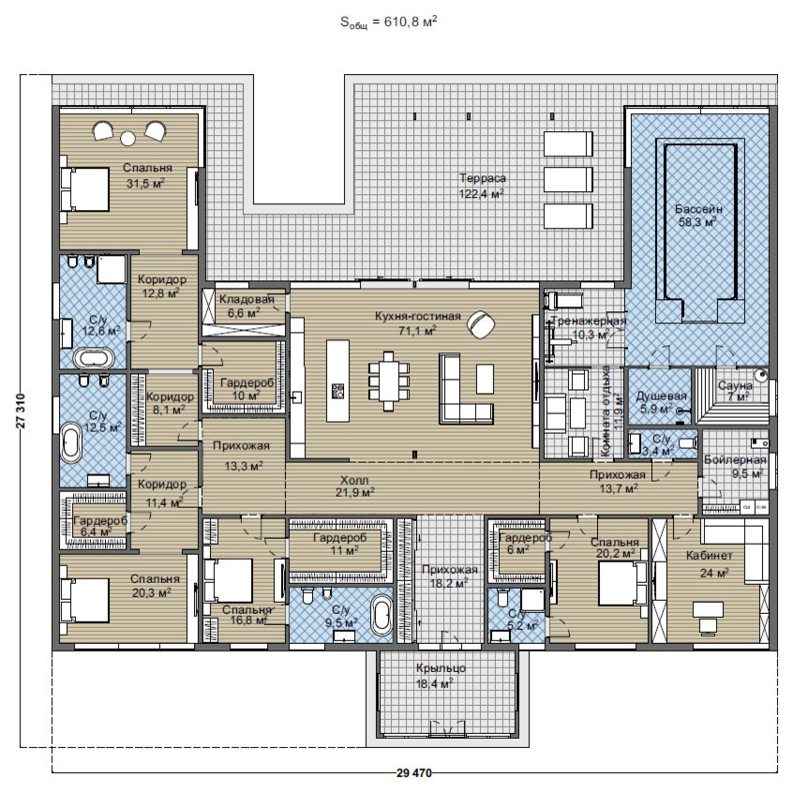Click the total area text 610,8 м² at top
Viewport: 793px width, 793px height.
[x=411, y=22]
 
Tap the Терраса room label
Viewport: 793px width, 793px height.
[x=483, y=178]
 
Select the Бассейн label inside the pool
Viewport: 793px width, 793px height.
[x=698, y=209]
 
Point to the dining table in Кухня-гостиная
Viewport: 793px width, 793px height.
[x=388, y=381]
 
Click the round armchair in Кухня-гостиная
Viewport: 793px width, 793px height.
[x=481, y=324]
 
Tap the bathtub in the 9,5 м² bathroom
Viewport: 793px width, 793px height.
[x=382, y=616]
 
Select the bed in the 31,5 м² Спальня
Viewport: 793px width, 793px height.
[x=84, y=189]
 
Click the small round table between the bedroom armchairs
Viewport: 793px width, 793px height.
[x=128, y=138]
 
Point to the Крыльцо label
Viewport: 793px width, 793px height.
[x=441, y=668]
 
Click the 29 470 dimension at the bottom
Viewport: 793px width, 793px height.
[x=414, y=772]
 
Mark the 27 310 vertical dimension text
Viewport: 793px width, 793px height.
[x=21, y=411]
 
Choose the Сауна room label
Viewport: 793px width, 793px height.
[x=735, y=385]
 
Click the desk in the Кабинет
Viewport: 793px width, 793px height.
[x=708, y=618]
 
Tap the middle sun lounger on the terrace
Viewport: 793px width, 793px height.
[x=568, y=180]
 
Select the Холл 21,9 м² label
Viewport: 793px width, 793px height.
[x=354, y=486]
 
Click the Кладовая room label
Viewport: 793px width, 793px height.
[x=247, y=299]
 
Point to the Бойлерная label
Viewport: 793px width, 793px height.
[x=735, y=459]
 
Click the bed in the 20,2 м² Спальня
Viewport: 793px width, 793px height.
[x=622, y=583]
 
